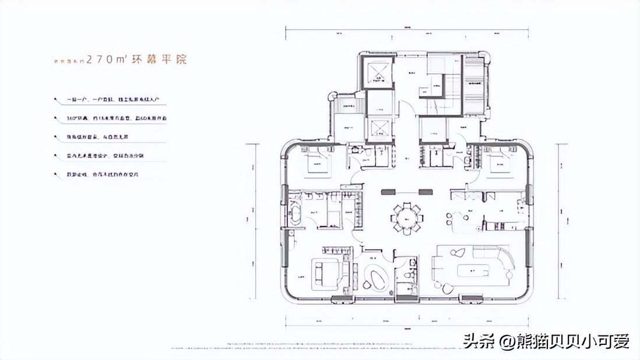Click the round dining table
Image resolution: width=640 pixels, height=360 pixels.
(405, 217)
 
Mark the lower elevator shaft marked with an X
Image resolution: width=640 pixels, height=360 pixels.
(377, 127)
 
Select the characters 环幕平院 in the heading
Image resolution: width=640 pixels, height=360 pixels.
(166, 60)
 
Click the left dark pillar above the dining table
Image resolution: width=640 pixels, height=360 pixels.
(389, 191)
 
